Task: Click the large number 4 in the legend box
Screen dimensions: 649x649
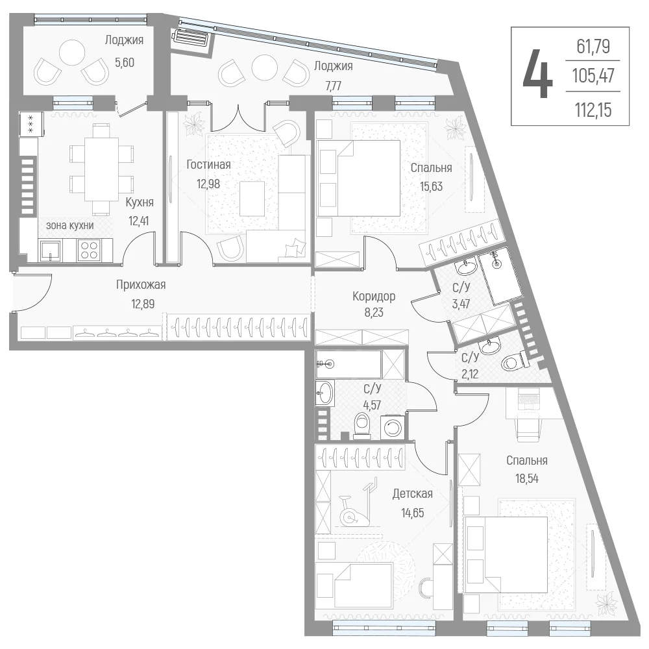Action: click(537, 74)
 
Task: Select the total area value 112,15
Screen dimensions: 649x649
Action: click(593, 110)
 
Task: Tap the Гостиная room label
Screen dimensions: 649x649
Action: click(208, 165)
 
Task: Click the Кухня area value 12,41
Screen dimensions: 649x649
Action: click(139, 221)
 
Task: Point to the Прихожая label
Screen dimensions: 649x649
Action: click(141, 285)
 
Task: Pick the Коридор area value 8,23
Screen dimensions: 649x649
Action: click(374, 313)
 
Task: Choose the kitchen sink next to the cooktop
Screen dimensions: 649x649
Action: click(50, 251)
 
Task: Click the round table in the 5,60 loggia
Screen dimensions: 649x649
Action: click(72, 53)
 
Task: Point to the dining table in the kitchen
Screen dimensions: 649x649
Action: click(101, 169)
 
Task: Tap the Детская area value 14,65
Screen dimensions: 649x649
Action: click(413, 513)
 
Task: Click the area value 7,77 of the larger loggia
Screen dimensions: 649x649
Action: click(333, 86)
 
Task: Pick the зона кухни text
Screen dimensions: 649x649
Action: click(70, 226)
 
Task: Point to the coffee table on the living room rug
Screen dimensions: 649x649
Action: click(252, 199)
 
